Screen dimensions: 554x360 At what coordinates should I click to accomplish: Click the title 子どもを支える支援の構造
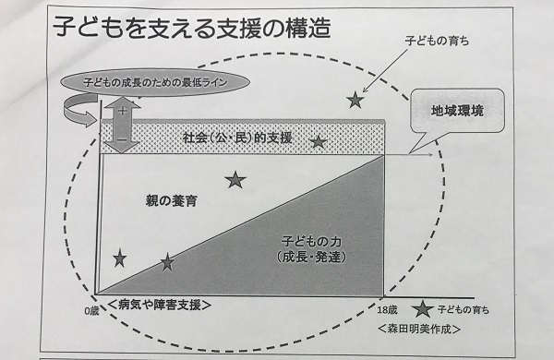tap(192, 28)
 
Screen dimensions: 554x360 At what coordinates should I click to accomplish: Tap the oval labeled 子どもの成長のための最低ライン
tap(155, 82)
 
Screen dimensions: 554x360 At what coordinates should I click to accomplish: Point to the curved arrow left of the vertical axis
tap(80, 111)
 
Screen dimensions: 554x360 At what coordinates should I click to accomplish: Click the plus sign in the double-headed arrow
tap(122, 111)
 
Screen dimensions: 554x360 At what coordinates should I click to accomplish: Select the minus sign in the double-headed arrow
tap(122, 139)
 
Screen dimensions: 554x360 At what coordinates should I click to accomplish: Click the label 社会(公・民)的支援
tap(237, 138)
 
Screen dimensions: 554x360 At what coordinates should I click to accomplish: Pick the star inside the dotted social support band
tap(318, 142)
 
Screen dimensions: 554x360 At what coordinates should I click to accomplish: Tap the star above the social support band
tap(355, 100)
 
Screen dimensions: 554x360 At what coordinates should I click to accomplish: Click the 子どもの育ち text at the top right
tap(437, 41)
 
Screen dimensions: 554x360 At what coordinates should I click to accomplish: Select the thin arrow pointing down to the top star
tap(385, 71)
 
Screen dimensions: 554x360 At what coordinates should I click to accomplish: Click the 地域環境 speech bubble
tap(457, 111)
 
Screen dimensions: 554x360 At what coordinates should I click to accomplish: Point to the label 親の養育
tap(172, 200)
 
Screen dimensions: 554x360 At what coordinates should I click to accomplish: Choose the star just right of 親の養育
tap(235, 180)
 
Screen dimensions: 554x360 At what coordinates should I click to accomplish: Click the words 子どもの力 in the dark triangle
tap(311, 242)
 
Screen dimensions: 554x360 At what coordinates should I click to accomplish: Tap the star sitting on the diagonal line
tap(167, 262)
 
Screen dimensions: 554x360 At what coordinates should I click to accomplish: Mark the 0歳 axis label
tap(91, 311)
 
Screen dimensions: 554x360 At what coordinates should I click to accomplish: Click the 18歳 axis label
tap(387, 310)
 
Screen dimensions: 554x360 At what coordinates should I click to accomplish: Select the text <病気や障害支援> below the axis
tap(160, 305)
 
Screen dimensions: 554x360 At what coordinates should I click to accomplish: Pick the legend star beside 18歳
tap(423, 309)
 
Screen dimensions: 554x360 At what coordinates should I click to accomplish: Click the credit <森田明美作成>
tap(419, 329)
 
